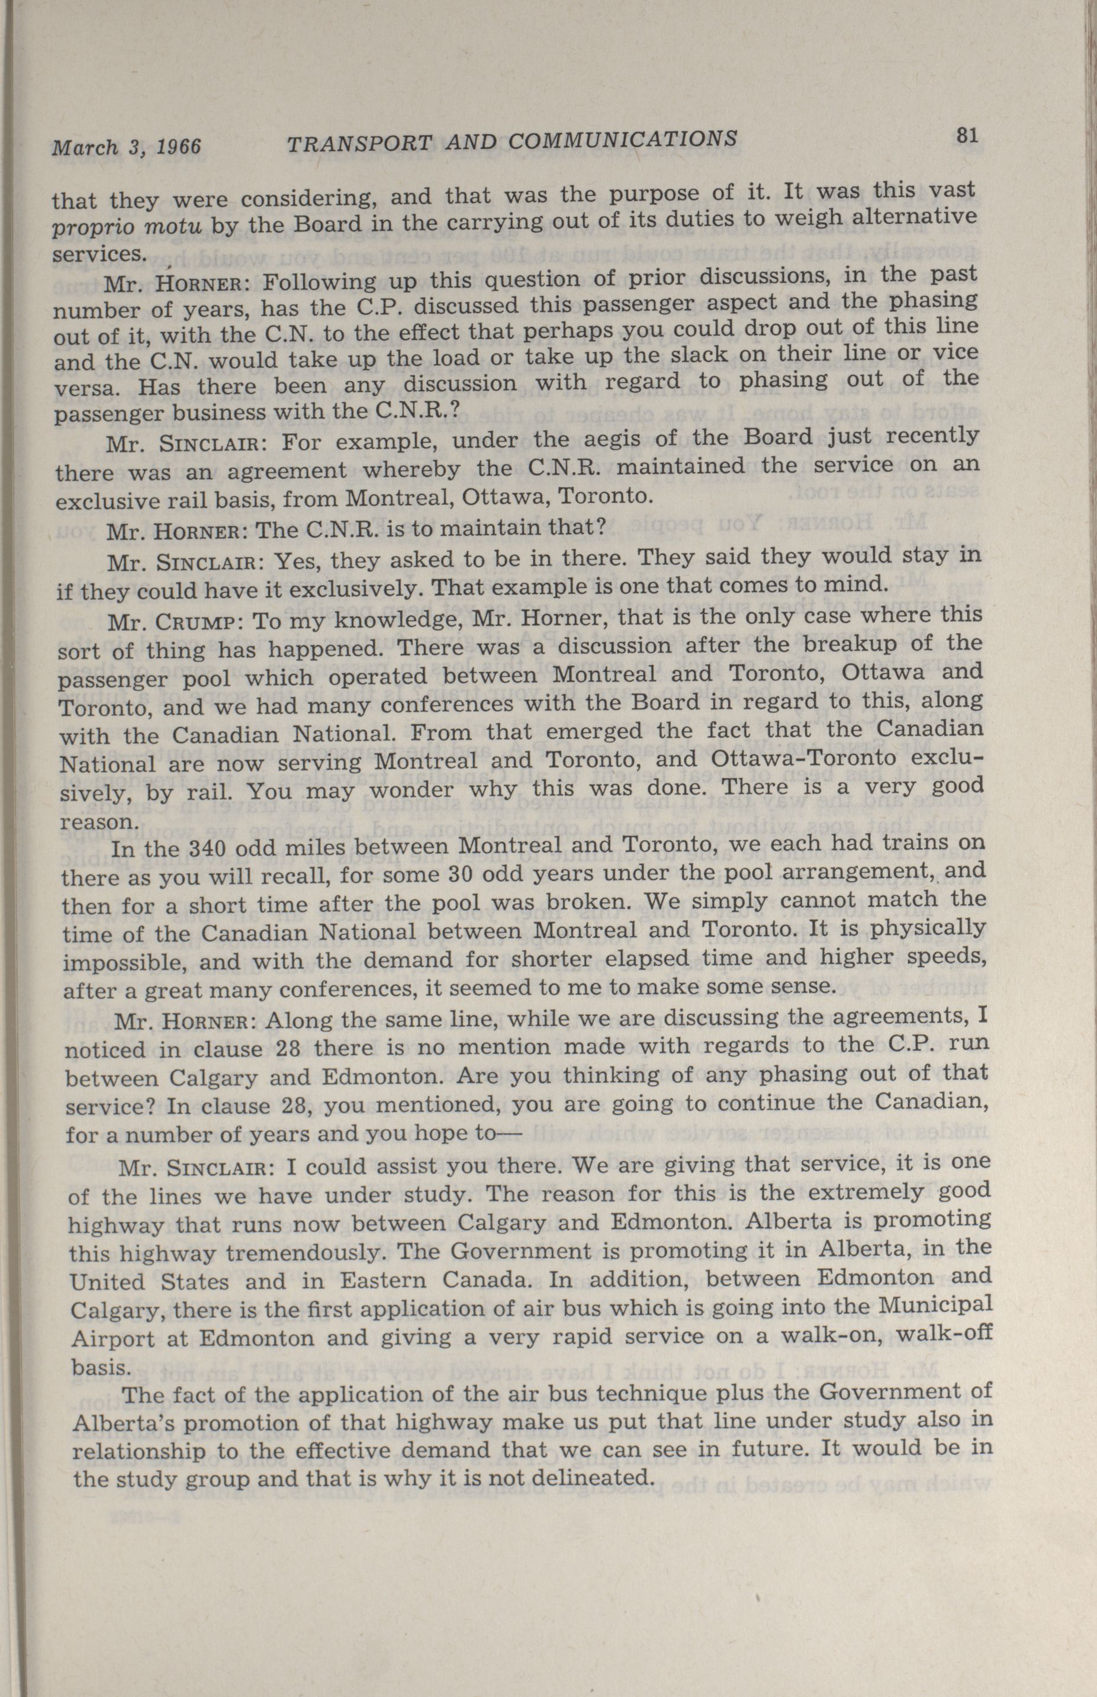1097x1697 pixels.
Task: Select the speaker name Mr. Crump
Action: coord(176,621)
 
